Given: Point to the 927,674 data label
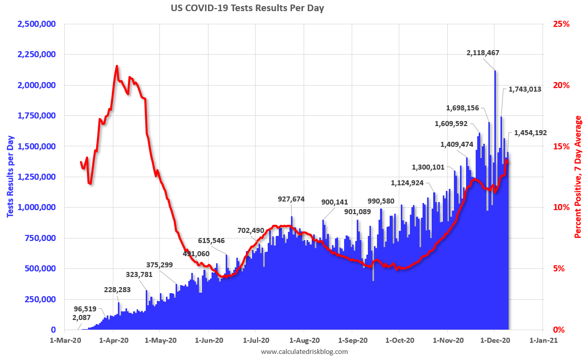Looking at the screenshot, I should (291, 199).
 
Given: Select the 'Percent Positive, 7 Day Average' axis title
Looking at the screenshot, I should (577, 177).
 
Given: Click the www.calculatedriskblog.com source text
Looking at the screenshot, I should (305, 351).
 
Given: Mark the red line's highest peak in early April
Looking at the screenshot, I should (117, 66).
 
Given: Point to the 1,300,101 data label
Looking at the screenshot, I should (428, 167).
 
